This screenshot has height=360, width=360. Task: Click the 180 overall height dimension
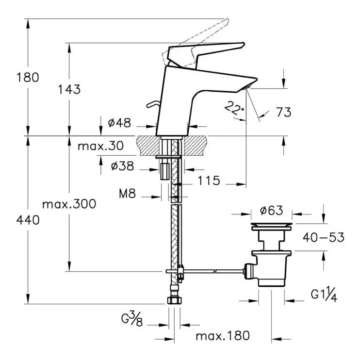click(28, 77)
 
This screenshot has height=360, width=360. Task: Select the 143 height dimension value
click(69, 89)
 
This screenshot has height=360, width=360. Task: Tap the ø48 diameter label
click(119, 123)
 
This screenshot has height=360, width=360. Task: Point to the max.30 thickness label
click(100, 146)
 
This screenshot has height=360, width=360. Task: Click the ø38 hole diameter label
click(122, 166)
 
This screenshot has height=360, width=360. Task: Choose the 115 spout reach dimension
click(209, 180)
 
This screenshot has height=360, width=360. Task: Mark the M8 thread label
click(128, 194)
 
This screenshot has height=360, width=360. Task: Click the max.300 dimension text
click(69, 204)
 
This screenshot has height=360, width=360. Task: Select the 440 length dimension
click(28, 220)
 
